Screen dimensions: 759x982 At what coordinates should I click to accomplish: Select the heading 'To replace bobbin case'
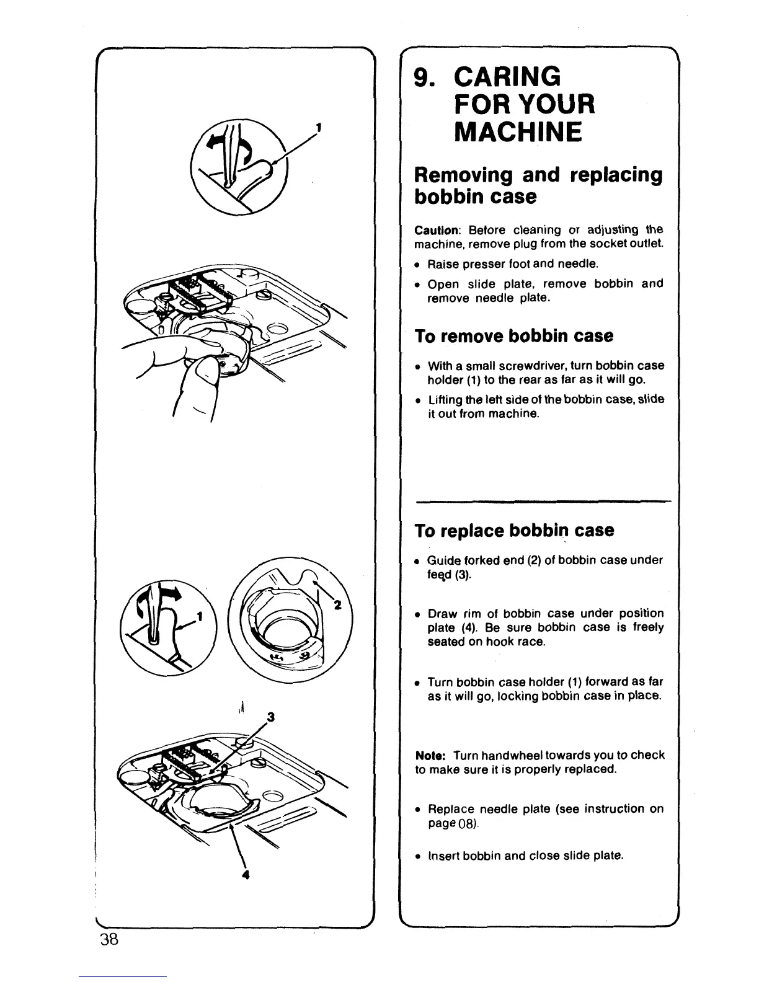click(515, 531)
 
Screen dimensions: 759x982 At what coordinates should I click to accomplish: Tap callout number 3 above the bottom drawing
click(270, 718)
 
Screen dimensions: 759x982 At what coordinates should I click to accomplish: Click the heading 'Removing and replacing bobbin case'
click(538, 185)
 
